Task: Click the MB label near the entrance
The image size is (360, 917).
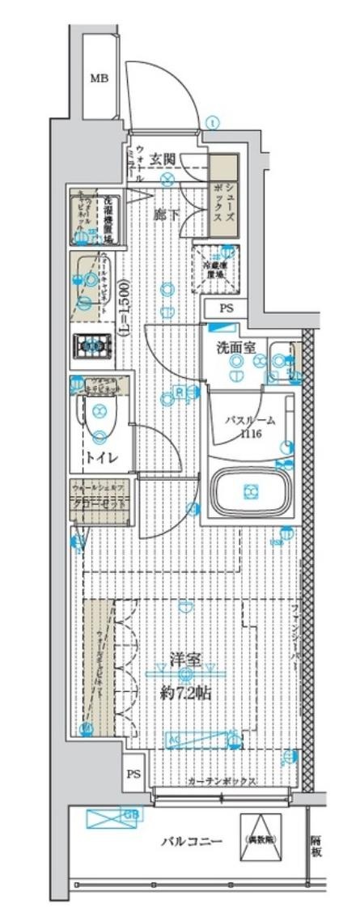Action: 99,79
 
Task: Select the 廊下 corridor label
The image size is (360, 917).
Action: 167,214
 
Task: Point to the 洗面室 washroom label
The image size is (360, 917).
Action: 236,348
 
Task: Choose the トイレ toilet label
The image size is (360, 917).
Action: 101,458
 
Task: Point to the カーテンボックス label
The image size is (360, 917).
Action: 221,782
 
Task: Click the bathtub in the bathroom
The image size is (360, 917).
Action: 250,490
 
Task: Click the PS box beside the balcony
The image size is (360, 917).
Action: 133,775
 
